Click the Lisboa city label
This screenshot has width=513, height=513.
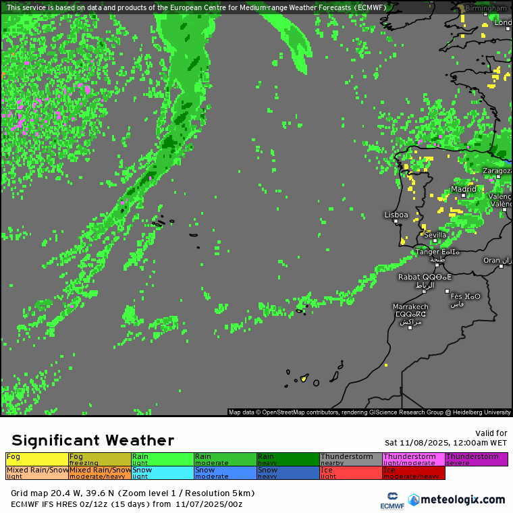396,215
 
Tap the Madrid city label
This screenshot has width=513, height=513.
464,190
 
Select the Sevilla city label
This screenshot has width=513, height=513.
435,235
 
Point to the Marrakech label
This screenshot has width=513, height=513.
410,307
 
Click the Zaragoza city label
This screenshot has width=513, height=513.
497,171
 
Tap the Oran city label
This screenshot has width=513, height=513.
492,260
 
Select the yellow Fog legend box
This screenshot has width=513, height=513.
36,459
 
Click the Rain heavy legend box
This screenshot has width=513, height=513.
288,459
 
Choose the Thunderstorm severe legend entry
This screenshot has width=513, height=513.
476,459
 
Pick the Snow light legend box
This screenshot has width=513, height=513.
162,473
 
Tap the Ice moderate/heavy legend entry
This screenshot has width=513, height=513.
413,473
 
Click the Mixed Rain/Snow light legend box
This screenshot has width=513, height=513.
36,473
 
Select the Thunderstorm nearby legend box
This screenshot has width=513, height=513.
350,459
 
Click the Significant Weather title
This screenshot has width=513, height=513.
92,440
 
